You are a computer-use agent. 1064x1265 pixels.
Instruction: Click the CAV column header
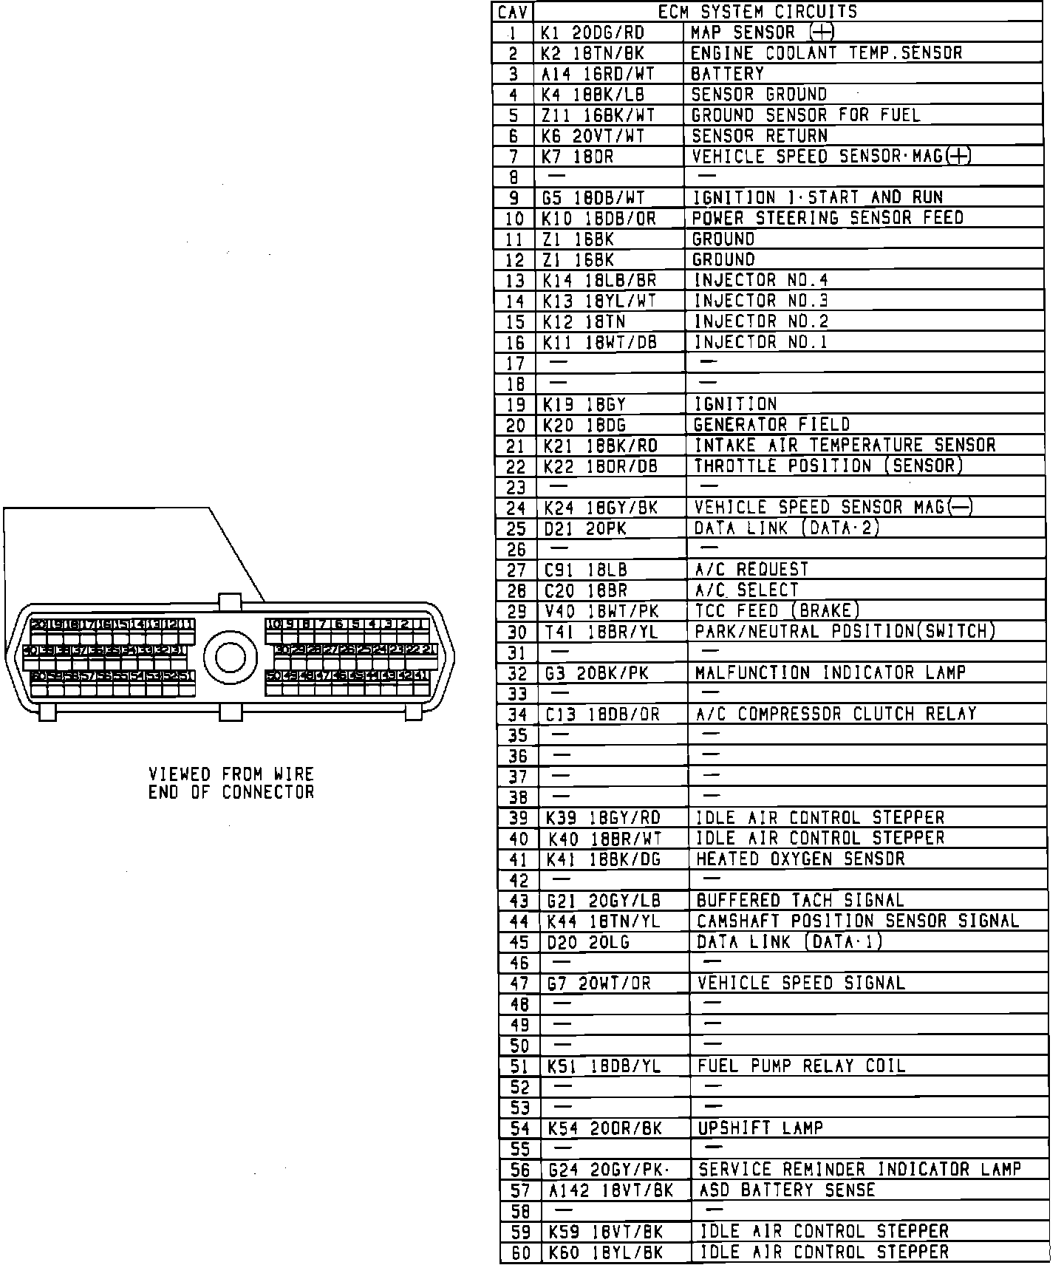click(x=513, y=13)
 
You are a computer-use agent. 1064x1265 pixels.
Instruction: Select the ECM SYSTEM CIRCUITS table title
click(x=757, y=12)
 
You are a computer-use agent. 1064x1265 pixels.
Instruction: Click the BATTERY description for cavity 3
click(x=727, y=74)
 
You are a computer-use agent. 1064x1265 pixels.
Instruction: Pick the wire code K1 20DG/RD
click(x=593, y=33)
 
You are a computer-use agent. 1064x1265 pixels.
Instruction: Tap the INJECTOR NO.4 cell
click(x=760, y=280)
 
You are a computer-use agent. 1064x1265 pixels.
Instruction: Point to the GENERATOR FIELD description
click(x=771, y=425)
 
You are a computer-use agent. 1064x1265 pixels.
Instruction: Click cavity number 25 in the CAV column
click(x=516, y=529)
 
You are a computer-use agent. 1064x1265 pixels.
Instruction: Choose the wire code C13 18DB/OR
click(x=603, y=715)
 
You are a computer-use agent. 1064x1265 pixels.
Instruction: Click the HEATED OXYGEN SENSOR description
click(x=800, y=859)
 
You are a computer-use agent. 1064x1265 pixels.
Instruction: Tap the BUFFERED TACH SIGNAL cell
click(x=800, y=901)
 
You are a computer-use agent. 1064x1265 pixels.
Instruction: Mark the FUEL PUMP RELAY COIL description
click(x=801, y=1066)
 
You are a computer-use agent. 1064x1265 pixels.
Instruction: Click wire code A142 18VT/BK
click(x=611, y=1190)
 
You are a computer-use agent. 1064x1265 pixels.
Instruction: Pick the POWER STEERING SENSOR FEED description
click(x=827, y=219)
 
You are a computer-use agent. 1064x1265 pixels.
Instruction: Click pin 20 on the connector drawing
click(x=38, y=624)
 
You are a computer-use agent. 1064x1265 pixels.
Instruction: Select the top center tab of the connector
click(x=230, y=601)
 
